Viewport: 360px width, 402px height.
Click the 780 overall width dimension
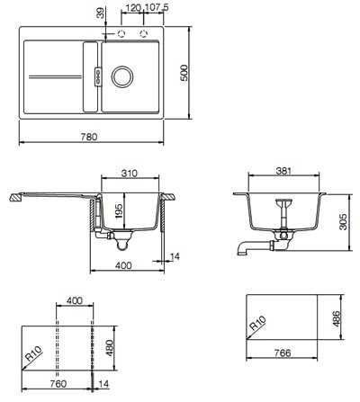[x=89, y=137]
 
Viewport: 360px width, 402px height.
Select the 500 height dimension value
[x=184, y=73]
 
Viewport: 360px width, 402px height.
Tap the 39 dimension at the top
[x=101, y=13]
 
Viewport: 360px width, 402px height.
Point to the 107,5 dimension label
[x=157, y=8]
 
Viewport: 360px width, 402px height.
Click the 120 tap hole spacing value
[x=133, y=8]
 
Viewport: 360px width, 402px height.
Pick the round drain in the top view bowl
[x=121, y=76]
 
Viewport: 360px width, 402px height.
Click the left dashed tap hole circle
[x=121, y=33]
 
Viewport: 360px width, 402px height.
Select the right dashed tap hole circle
[x=144, y=33]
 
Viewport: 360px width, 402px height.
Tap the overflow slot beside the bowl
[x=98, y=76]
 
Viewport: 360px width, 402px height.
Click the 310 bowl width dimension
[x=130, y=174]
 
